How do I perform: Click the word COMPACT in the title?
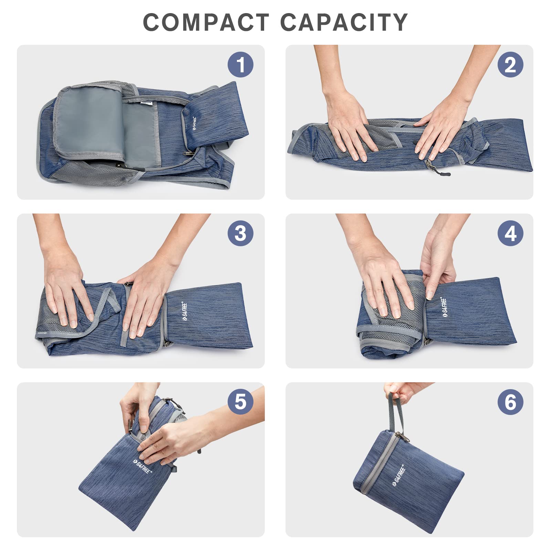point(206,23)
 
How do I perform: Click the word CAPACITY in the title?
point(344,23)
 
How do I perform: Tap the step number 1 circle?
point(240,64)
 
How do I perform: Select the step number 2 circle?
point(510,64)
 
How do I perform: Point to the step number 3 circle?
point(240,233)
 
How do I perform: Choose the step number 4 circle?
point(510,233)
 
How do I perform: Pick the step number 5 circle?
point(240,402)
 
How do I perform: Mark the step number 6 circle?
point(510,402)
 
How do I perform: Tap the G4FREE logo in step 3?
point(185,311)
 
